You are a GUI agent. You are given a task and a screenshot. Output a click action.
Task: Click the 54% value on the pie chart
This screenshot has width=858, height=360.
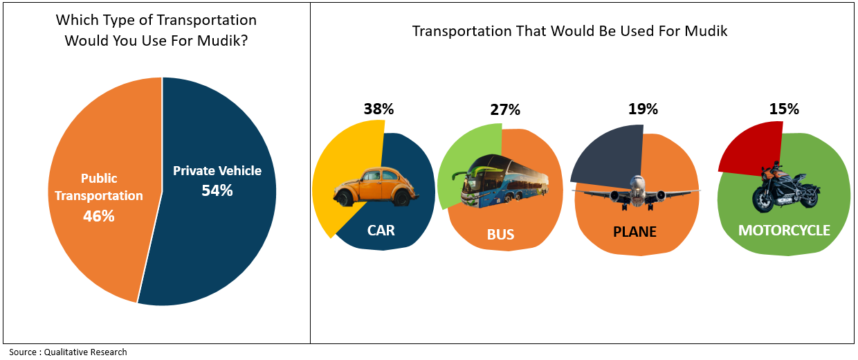point(217,190)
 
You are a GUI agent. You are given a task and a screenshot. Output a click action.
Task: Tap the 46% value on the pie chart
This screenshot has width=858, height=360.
point(98,216)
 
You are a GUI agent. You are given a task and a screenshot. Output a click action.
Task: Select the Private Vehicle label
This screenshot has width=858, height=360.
point(217,170)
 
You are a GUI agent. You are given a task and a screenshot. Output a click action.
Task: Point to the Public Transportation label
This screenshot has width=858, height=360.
point(98,187)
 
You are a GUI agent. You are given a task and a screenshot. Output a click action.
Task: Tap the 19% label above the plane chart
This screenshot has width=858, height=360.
point(643,109)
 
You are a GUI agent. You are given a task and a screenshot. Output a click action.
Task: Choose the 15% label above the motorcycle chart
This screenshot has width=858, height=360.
point(784,109)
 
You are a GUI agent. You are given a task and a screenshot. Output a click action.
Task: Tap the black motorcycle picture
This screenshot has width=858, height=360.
point(785,189)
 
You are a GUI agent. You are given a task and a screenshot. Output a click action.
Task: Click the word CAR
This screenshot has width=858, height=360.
point(381,231)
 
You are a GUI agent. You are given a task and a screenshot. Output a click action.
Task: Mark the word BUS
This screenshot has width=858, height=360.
point(500,235)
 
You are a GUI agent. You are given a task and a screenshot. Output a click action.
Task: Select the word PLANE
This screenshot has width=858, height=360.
point(635,231)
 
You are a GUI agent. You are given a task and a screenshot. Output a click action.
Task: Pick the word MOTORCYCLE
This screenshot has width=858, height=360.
point(784,231)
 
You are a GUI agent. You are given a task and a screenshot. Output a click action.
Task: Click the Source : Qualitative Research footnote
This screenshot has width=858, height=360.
point(68,352)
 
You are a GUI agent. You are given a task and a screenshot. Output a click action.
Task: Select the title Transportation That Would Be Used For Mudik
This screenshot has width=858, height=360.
point(569,31)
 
